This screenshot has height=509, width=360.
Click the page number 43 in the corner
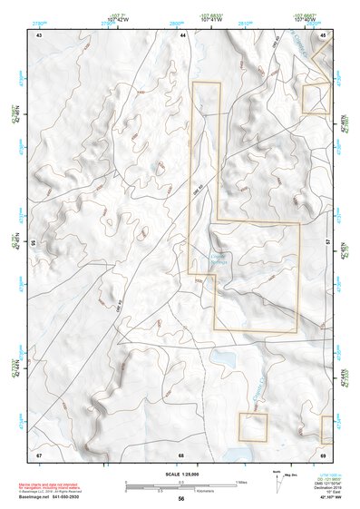[39, 34]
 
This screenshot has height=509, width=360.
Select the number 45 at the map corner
[324, 34]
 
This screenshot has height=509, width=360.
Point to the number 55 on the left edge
[33, 244]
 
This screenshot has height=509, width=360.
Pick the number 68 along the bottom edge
[181, 454]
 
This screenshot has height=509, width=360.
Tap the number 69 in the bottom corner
[324, 454]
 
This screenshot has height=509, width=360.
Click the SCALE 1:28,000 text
[181, 474]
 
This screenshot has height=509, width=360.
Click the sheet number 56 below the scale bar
[181, 499]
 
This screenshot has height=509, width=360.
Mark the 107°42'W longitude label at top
[115, 18]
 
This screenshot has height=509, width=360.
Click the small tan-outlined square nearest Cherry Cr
[253, 426]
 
